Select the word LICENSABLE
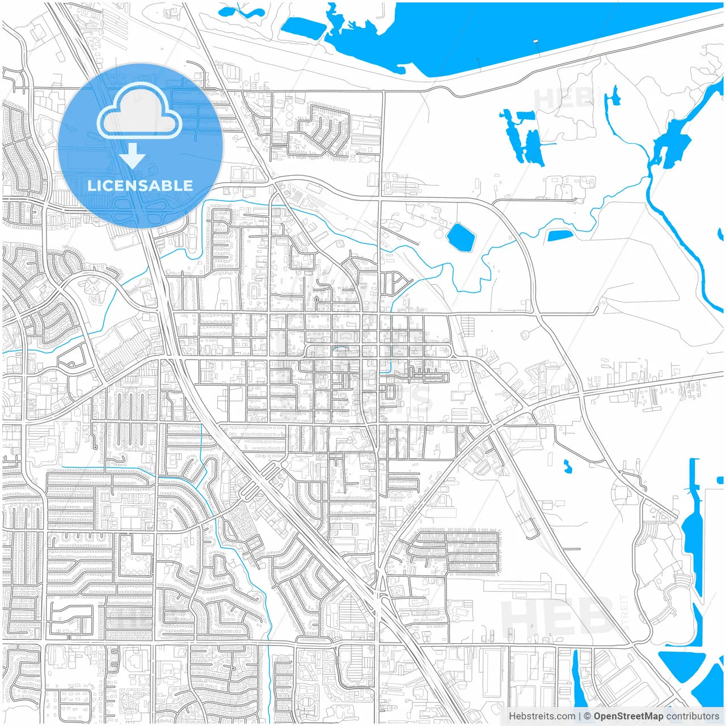click(x=140, y=185)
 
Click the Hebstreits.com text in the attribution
click(x=542, y=716)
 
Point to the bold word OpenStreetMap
click(x=628, y=716)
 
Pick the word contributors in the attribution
click(x=693, y=716)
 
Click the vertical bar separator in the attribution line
click(x=579, y=716)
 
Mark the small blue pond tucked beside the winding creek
click(x=560, y=235)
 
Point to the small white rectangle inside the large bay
click(x=536, y=41)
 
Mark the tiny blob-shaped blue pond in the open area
click(x=567, y=466)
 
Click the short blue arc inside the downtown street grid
click(x=341, y=348)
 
